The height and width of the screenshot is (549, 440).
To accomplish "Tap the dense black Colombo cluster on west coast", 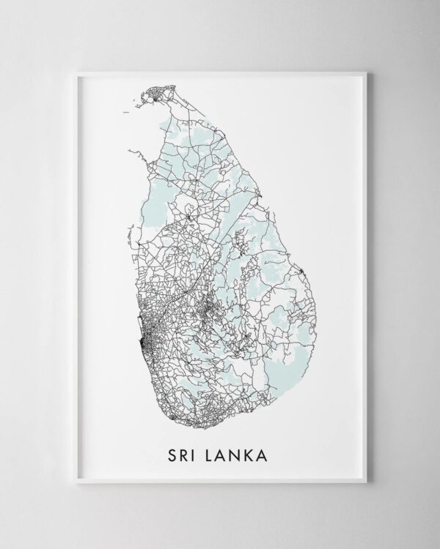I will pyautogui.click(x=150, y=341).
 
